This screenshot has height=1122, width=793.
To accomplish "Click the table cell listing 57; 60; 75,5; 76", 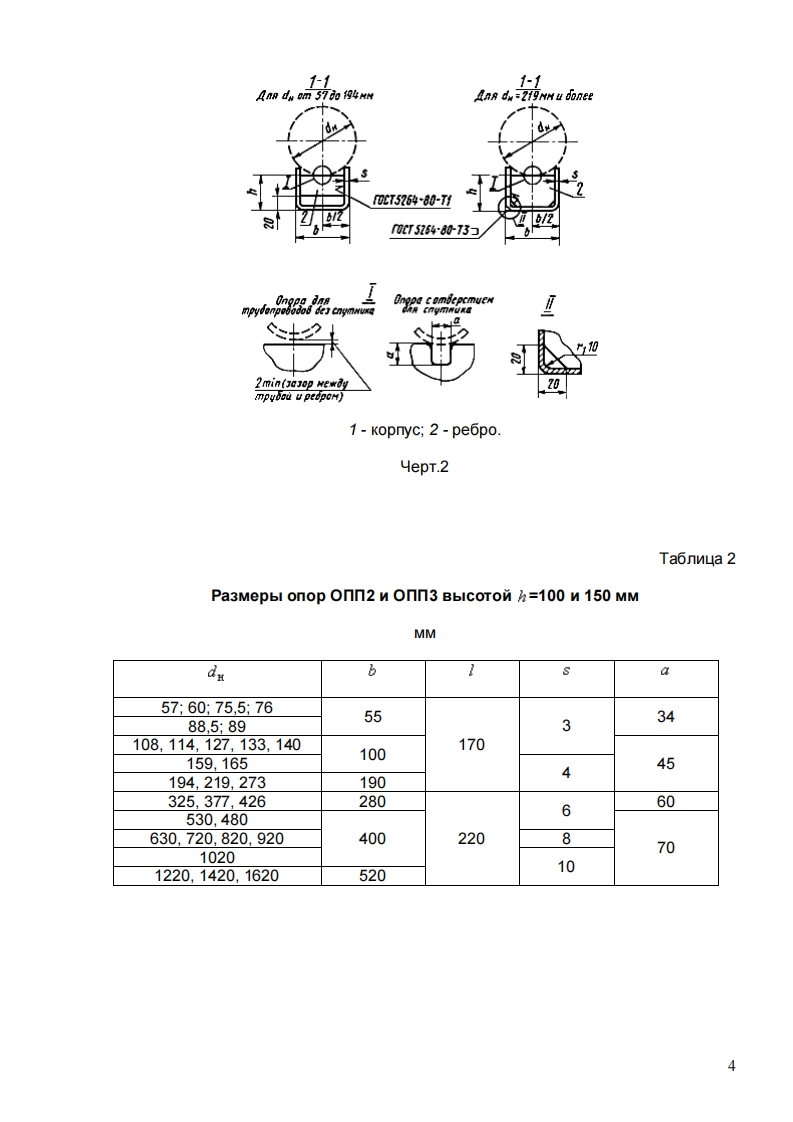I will coord(217,707).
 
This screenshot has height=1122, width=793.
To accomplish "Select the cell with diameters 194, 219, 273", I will coord(217,782).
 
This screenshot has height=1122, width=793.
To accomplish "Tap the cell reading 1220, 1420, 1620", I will coord(217,875).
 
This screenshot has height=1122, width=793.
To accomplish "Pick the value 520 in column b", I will coord(373,875).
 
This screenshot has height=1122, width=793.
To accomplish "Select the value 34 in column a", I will coord(666,716).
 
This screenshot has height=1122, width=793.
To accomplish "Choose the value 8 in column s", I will coord(566,838).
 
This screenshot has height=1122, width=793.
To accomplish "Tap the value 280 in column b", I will coord(373,801).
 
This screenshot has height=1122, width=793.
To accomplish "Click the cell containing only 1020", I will coord(217,857).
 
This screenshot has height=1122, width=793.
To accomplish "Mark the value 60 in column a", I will coord(666,801).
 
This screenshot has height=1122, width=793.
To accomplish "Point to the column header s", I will coord(566,671).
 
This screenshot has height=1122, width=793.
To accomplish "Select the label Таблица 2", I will coord(697,558).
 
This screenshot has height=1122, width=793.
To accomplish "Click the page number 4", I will coord(731,1066).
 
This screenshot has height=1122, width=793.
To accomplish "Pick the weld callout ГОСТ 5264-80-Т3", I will coord(431,230).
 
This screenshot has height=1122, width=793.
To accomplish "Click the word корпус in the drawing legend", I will coord(393,430).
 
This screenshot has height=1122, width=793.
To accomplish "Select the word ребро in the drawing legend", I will coord(474,430).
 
